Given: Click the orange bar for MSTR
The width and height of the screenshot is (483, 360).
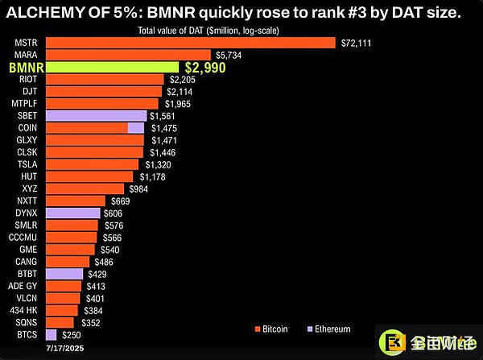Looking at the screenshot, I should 190,42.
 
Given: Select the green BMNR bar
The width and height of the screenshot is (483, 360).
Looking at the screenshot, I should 112,68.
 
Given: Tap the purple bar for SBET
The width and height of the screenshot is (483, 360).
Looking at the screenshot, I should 96,116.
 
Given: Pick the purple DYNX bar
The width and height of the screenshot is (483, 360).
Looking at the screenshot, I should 73,213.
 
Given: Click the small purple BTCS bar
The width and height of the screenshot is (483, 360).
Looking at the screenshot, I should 52,333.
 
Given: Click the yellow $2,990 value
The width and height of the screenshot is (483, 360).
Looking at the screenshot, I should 205,68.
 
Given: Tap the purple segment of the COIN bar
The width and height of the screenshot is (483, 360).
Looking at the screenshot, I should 136,127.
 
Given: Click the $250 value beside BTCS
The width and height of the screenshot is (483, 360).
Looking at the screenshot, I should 72,333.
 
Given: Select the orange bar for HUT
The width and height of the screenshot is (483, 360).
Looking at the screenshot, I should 89,176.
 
